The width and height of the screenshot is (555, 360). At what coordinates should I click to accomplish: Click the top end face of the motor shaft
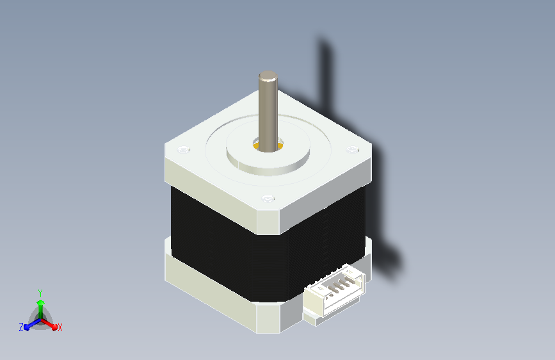[x=268, y=75]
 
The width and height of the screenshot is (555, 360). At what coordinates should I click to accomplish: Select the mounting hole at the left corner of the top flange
[x=183, y=149]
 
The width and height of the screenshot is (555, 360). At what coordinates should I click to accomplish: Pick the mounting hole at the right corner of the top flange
[x=352, y=149]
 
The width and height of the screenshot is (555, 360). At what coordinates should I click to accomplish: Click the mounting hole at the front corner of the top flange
[x=268, y=199]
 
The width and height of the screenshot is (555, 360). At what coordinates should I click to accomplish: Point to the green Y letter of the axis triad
[x=40, y=293]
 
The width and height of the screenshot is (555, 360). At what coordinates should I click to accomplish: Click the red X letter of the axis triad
[x=60, y=328]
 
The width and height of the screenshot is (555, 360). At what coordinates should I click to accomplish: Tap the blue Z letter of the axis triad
[x=21, y=327]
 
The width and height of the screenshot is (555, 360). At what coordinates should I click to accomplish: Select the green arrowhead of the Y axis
[x=41, y=303]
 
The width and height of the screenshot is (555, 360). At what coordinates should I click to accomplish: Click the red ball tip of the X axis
[x=54, y=327]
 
